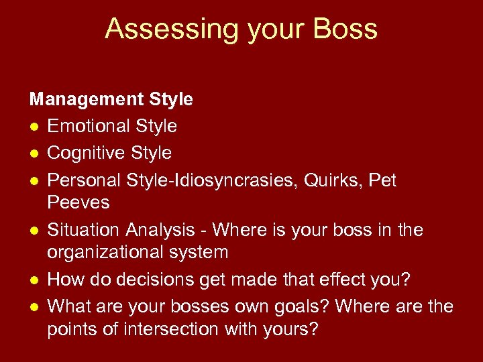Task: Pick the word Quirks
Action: (x=325, y=180)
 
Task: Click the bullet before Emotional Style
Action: (x=33, y=127)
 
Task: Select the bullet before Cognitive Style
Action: (x=33, y=154)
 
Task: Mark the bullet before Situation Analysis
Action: (x=33, y=231)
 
